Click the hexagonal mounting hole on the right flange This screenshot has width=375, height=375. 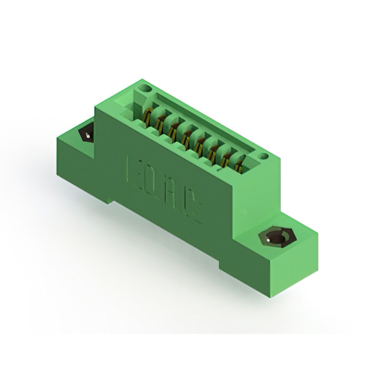(x=274, y=238)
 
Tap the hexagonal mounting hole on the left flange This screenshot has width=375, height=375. (x=87, y=134)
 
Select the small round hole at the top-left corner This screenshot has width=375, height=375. (x=146, y=88)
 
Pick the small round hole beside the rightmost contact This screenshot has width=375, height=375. (x=264, y=156)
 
